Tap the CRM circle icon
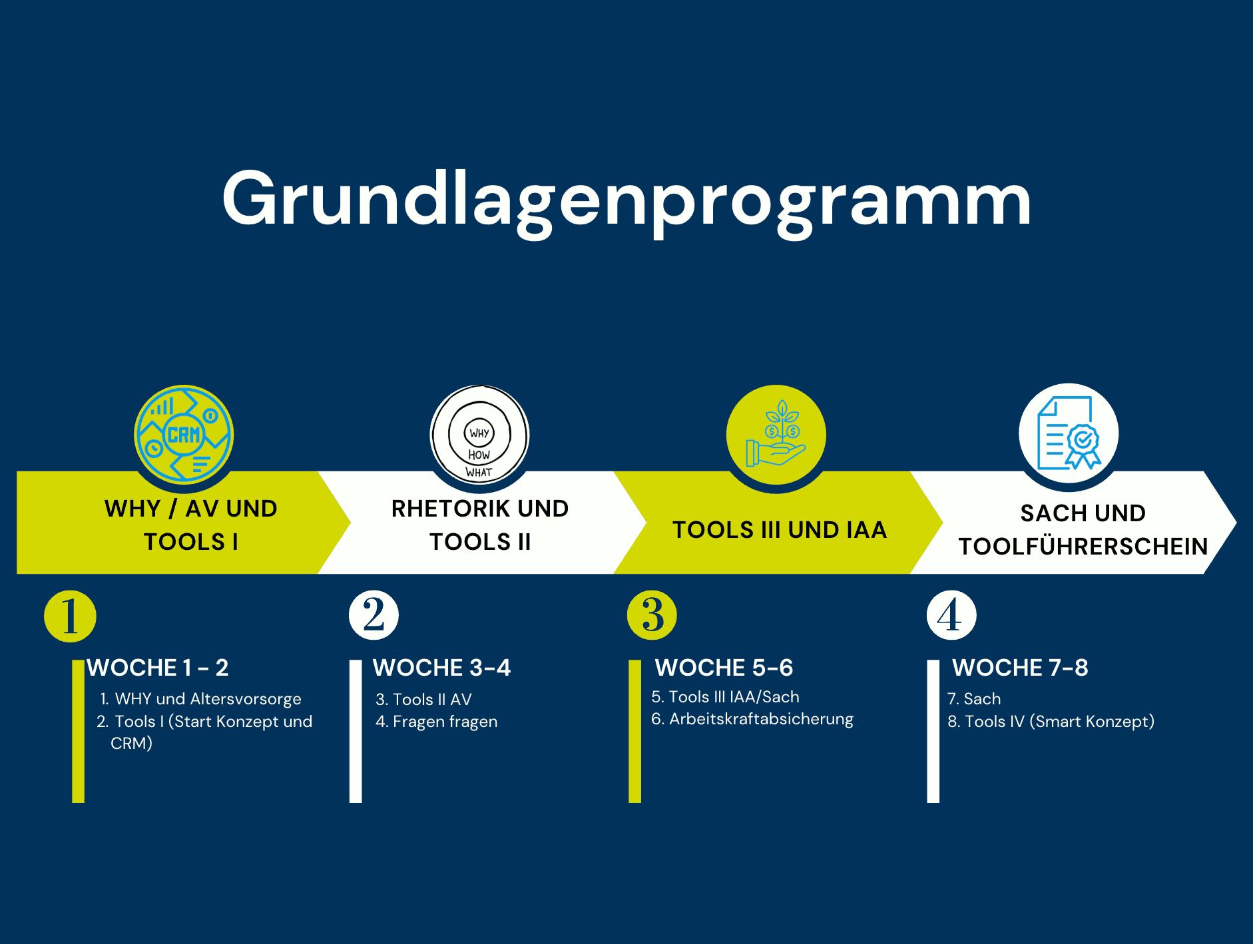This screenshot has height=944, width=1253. pyautogui.click(x=184, y=434)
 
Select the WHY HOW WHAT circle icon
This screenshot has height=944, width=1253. pyautogui.click(x=479, y=434)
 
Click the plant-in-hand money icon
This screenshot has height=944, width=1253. pyautogui.click(x=776, y=434)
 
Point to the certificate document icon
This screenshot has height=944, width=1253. pyautogui.click(x=1069, y=433)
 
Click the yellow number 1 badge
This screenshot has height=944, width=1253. pyautogui.click(x=70, y=616)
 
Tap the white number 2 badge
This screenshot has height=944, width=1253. pyautogui.click(x=374, y=615)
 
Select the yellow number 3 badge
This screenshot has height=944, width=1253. pyautogui.click(x=652, y=615)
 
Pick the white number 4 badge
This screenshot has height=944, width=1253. pyautogui.click(x=951, y=615)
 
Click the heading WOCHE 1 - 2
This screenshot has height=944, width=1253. pyautogui.click(x=158, y=668)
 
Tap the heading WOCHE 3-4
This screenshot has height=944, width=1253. pyautogui.click(x=441, y=668)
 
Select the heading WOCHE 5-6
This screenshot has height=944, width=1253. pyautogui.click(x=724, y=668)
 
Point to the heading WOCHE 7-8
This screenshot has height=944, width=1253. pyautogui.click(x=1020, y=668)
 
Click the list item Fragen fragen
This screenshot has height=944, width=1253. pyautogui.click(x=445, y=722)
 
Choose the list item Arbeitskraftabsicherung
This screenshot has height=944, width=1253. pyautogui.click(x=761, y=719)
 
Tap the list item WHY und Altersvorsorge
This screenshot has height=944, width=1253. pyautogui.click(x=208, y=699)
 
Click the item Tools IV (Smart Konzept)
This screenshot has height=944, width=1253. pyautogui.click(x=1059, y=722)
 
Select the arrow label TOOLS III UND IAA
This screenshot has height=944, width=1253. pyautogui.click(x=780, y=530)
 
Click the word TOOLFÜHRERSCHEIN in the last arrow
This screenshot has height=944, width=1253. pyautogui.click(x=1083, y=546)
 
